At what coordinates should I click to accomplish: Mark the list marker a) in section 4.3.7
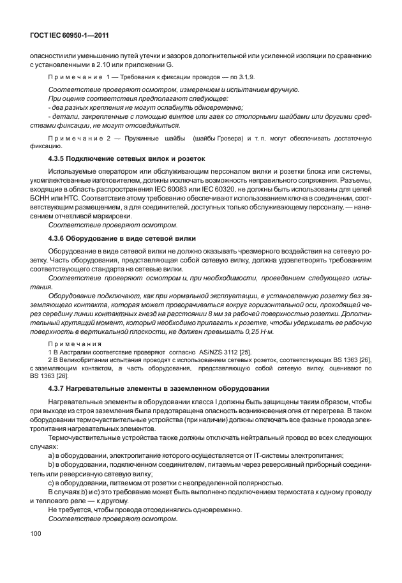[52, 455]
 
